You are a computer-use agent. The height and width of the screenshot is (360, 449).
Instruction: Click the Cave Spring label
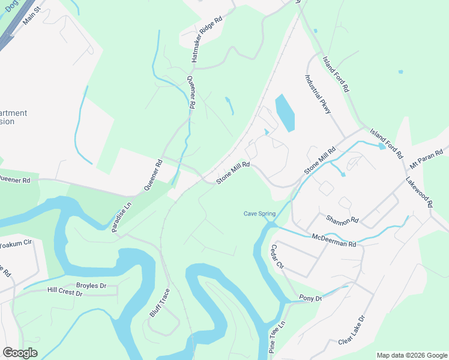point(260,214)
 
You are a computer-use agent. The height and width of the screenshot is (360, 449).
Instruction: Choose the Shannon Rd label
point(342,220)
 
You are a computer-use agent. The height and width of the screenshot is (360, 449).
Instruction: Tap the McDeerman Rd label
point(334,241)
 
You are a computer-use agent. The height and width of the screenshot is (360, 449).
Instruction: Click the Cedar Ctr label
point(277,257)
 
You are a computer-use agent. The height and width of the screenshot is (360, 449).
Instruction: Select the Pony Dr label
point(310,298)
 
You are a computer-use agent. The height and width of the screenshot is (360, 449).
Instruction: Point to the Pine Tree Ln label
point(277,337)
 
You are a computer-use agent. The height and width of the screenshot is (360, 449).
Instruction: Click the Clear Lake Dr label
point(352,331)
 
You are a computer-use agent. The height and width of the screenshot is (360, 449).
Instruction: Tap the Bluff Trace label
point(160,303)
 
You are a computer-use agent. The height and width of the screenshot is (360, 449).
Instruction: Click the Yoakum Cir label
point(15,244)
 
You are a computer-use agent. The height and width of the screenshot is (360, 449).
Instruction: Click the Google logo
point(20,352)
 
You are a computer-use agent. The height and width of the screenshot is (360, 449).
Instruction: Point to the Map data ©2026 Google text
point(412,355)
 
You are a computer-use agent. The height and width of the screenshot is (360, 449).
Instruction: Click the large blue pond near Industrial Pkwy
point(285,113)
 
